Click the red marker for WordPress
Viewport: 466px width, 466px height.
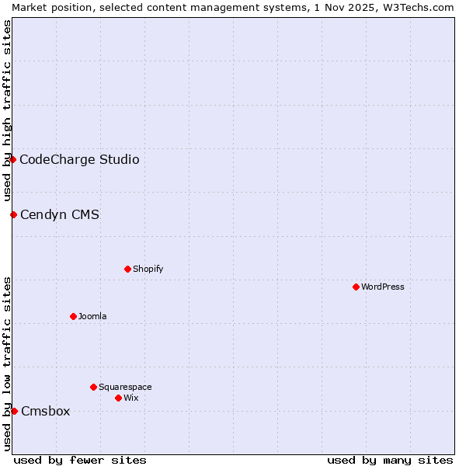[356, 287]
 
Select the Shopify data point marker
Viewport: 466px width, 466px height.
[127, 269]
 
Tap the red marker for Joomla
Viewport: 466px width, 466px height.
[73, 316]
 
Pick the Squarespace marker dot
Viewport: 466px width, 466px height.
[93, 387]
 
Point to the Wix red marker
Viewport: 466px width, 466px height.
[118, 398]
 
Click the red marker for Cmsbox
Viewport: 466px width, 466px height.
[14, 411]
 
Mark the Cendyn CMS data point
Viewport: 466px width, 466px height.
[13, 214]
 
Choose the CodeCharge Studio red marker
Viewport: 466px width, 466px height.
[12, 159]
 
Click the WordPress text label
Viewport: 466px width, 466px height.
[383, 287]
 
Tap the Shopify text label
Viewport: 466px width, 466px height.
[148, 269]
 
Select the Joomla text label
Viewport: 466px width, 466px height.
[92, 316]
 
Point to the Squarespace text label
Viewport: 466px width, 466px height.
[125, 387]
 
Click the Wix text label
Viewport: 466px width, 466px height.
[131, 398]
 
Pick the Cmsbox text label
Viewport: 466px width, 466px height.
[46, 411]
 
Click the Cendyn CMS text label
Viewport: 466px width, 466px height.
[60, 214]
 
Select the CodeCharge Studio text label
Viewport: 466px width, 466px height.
[79, 159]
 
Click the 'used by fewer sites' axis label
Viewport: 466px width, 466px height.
[80, 460]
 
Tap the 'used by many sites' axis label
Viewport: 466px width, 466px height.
[390, 460]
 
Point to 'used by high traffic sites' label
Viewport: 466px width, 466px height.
[7, 110]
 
